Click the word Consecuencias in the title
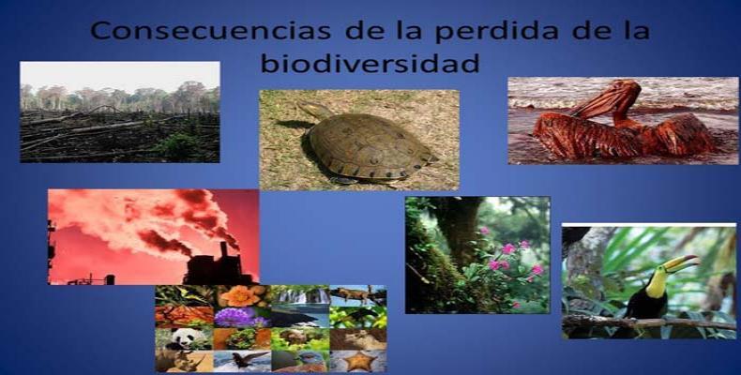(210, 30)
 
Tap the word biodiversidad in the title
(370, 63)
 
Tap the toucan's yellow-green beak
(681, 263)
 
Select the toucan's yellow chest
(656, 284)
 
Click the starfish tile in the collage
(358, 361)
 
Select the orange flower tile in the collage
(242, 295)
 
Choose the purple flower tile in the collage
(242, 317)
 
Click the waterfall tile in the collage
(300, 295)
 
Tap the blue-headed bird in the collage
(300, 361)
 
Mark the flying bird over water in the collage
(242, 361)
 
